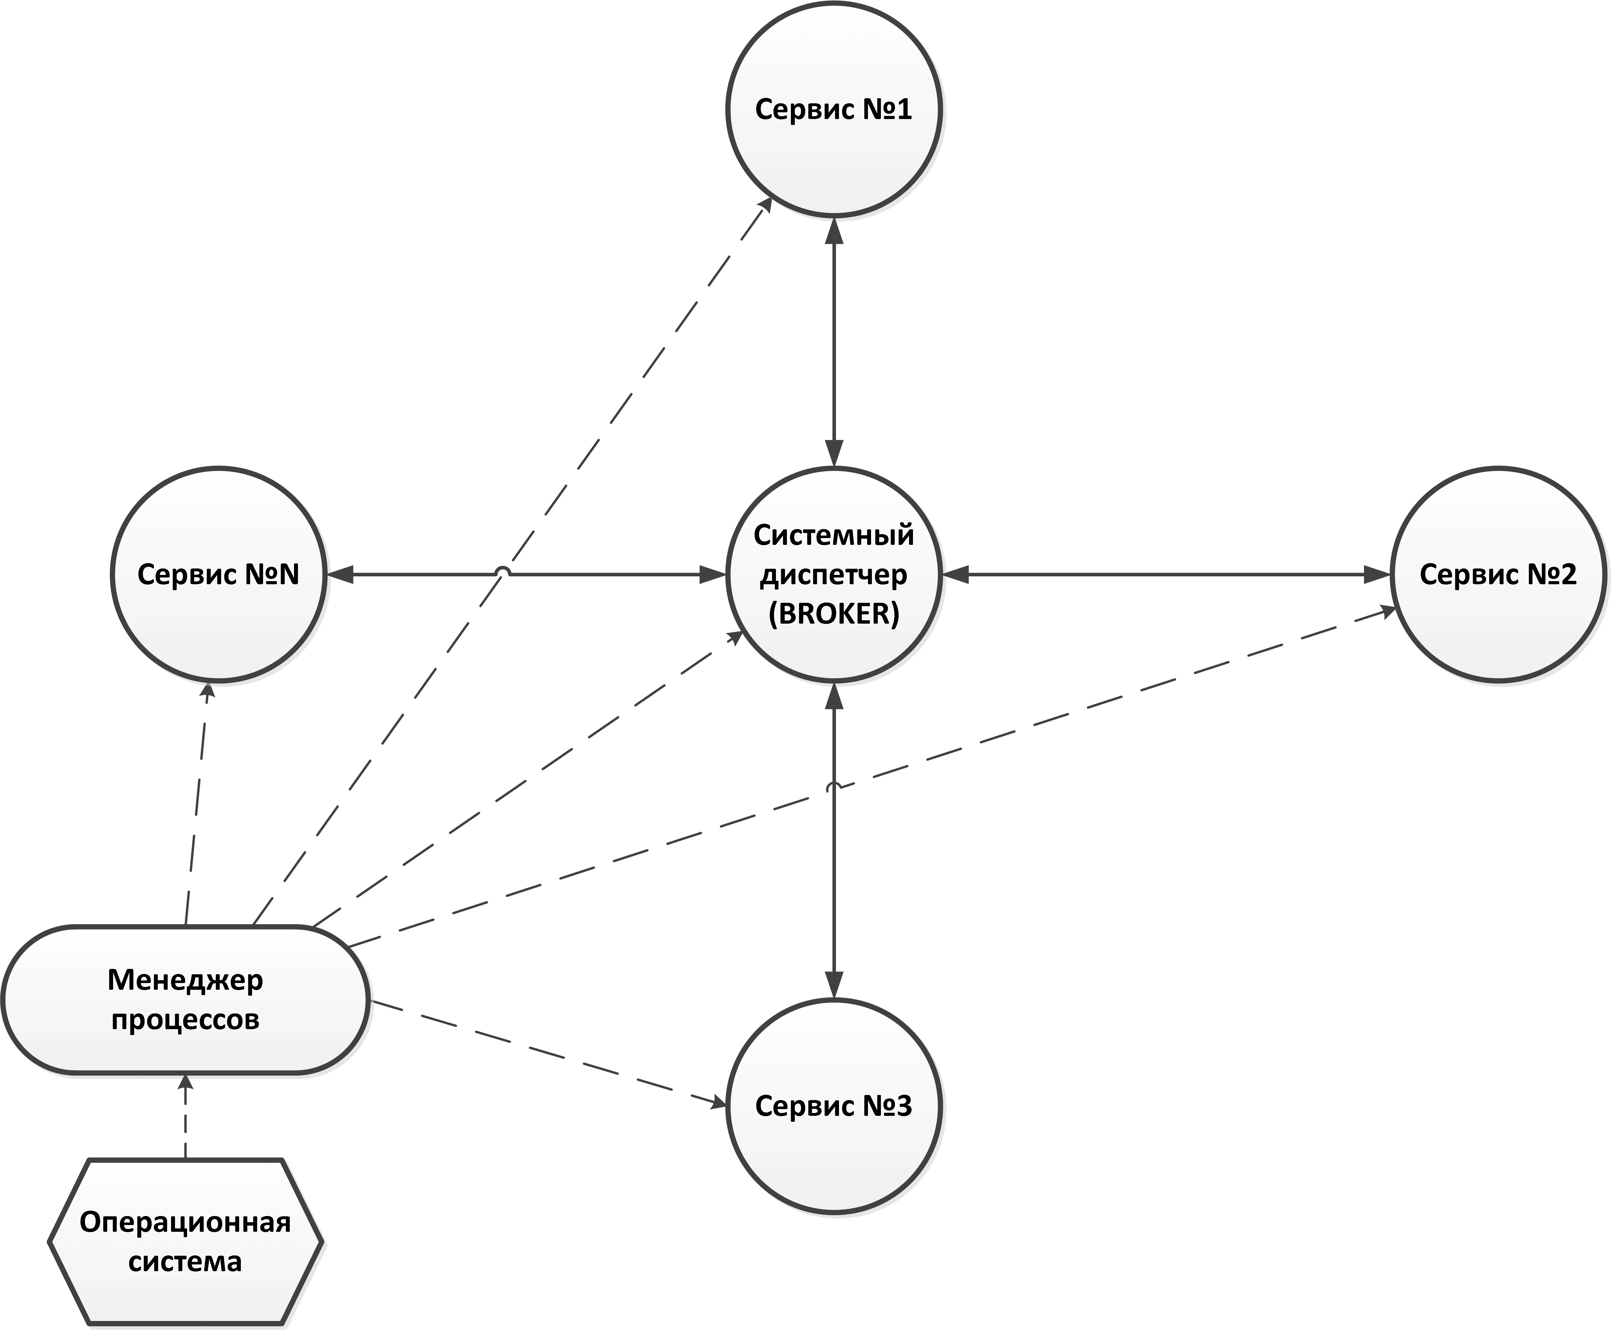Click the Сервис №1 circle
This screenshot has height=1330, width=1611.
coord(833,109)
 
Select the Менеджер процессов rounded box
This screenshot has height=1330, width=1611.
coord(185,1000)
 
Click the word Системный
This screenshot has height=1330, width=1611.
coord(833,535)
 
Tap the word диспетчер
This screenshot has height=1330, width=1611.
coord(833,575)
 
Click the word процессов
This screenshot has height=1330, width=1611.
coord(185,1020)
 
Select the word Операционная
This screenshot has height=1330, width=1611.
coord(185,1222)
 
